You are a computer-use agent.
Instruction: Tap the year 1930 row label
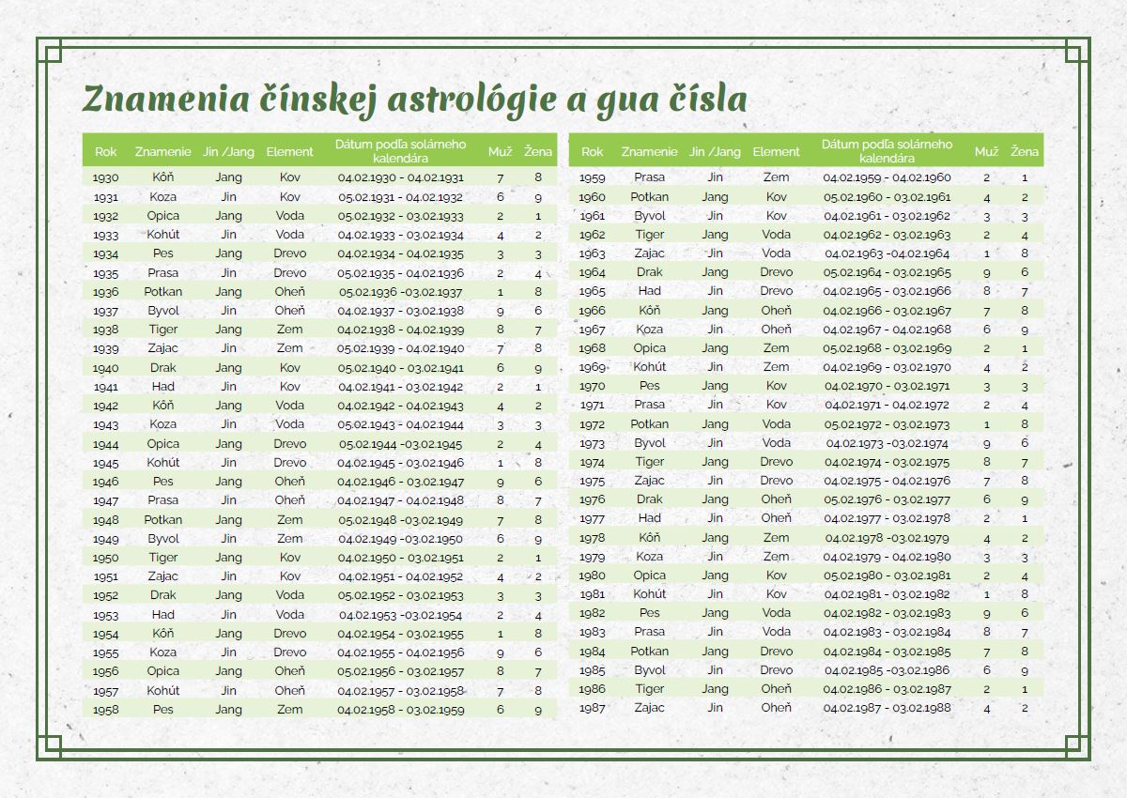(106, 177)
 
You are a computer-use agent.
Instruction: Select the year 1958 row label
(106, 710)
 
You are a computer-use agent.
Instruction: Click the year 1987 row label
(592, 708)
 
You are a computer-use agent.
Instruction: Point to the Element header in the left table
(289, 151)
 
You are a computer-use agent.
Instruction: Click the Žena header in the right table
(1025, 151)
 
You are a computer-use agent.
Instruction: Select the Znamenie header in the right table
(649, 151)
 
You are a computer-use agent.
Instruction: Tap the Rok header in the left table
(106, 151)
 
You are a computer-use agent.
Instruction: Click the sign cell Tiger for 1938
(162, 330)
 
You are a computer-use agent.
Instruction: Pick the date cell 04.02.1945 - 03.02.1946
(401, 463)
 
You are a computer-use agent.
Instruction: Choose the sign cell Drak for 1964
(649, 272)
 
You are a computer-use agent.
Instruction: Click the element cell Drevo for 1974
(776, 462)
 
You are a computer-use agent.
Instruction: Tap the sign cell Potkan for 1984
(649, 652)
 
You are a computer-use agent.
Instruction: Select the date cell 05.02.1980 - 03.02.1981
(888, 575)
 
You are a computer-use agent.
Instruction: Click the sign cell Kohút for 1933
(162, 235)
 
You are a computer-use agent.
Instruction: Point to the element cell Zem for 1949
(289, 539)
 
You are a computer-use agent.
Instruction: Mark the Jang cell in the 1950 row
(228, 558)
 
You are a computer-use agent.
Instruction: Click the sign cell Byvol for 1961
(649, 215)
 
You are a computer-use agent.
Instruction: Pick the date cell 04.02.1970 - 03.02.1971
(888, 386)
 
